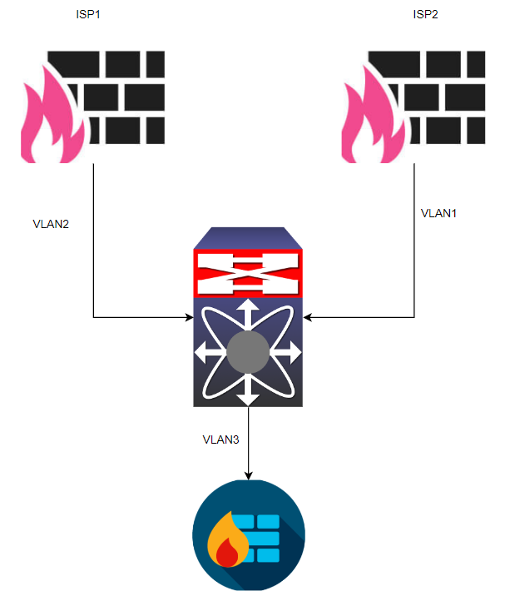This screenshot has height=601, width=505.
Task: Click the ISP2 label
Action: [x=426, y=15]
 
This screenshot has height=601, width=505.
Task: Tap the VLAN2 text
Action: [x=51, y=224]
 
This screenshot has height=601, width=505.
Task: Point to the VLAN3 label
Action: [x=220, y=439]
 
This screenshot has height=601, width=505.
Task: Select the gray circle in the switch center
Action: [x=248, y=351]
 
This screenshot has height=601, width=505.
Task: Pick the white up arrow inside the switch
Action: [x=248, y=313]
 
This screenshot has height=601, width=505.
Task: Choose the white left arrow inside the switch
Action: [x=206, y=352]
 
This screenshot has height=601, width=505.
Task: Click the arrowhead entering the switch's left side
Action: [x=188, y=317]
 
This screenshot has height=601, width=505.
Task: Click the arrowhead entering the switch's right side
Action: [x=308, y=317]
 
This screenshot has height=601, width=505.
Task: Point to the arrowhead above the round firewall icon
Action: [x=248, y=475]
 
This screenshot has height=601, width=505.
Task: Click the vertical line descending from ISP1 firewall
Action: [x=93, y=241]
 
